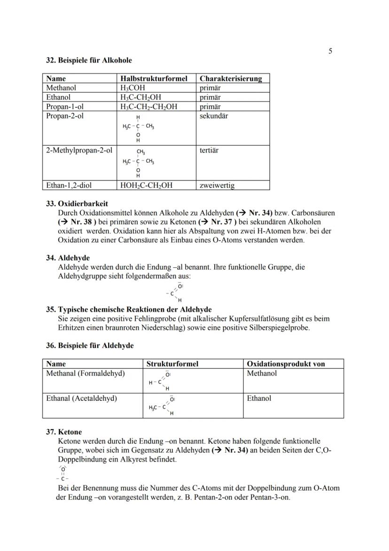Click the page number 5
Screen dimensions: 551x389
point(330,51)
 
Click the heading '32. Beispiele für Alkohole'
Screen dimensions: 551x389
point(89,60)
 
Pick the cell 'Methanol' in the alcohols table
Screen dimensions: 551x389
point(61,88)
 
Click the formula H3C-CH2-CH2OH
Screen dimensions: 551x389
point(149,106)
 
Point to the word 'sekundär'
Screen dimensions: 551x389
point(214,116)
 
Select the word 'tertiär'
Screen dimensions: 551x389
point(210,151)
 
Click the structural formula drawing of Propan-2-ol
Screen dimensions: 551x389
point(138,128)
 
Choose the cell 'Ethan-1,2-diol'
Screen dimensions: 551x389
point(69,185)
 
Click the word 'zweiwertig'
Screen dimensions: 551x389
point(217,185)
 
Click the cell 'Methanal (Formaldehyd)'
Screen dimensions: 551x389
point(86,373)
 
